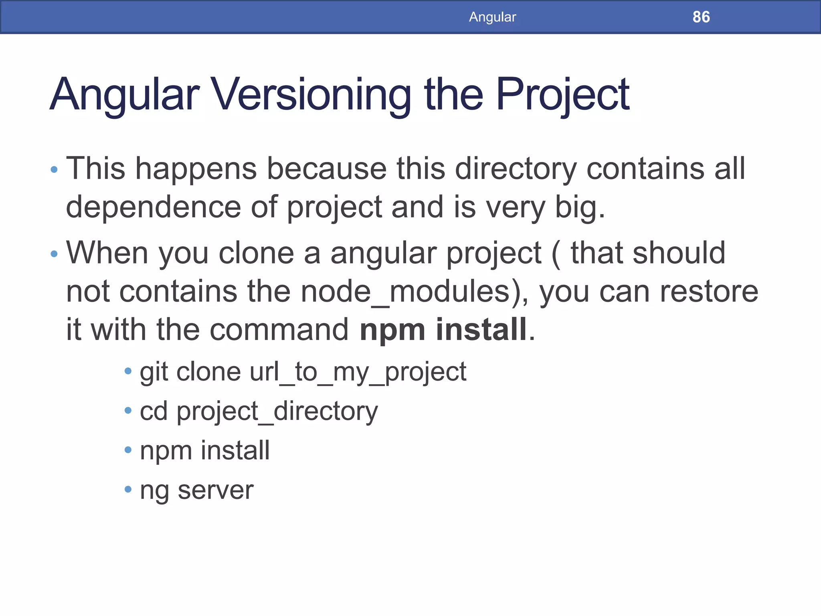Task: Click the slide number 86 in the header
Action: coord(701,17)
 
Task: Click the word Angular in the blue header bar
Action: coord(492,17)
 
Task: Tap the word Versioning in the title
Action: coord(311,95)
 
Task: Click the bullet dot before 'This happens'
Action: coord(54,170)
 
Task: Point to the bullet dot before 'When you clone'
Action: coord(54,254)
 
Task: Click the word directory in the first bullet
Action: coord(516,168)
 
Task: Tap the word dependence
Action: coord(153,207)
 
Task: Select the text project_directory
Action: coord(277,411)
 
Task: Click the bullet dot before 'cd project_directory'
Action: coord(128,410)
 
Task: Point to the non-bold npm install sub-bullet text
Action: coord(204,450)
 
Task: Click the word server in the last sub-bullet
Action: coord(215,490)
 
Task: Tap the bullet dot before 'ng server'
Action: coord(128,489)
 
